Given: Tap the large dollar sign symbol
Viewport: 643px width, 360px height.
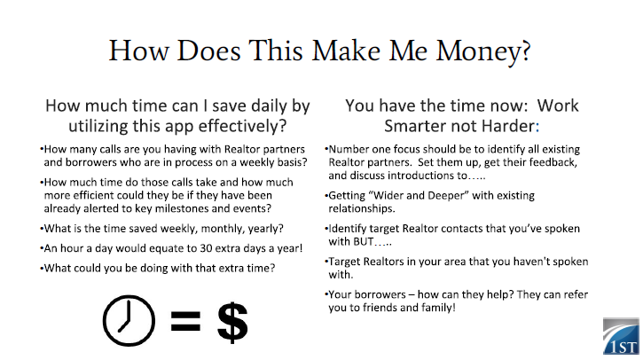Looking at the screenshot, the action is [232, 322].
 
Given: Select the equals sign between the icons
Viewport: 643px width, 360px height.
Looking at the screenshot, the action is [185, 321].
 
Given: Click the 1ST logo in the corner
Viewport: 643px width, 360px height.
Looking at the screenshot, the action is [621, 336].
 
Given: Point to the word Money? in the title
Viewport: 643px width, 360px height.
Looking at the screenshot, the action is [483, 51].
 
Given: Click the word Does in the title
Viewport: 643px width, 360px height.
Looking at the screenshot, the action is [208, 51].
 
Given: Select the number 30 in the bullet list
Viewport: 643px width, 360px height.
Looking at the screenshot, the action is [206, 248].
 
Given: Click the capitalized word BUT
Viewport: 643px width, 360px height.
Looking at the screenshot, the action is [363, 241].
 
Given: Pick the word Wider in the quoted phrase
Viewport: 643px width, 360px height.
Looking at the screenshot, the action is [389, 196].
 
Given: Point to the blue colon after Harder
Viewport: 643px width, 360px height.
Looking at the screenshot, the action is [537, 127].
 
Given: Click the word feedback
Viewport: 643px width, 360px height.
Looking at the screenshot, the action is [553, 163].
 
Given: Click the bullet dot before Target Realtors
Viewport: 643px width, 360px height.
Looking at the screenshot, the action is [326, 261].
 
